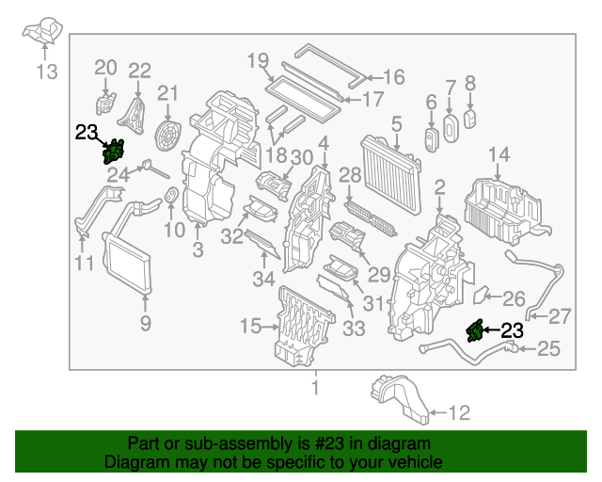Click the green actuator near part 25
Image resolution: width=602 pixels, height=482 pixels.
(x=476, y=330)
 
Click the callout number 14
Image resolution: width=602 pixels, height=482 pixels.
(x=499, y=154)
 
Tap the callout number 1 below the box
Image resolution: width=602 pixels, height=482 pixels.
(x=315, y=387)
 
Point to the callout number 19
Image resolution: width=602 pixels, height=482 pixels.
(x=258, y=61)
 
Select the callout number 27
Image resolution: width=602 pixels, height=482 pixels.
(x=560, y=315)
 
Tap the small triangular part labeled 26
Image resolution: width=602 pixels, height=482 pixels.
(x=481, y=295)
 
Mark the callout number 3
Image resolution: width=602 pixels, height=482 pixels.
(x=198, y=249)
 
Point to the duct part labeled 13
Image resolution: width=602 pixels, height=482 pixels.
(x=43, y=33)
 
